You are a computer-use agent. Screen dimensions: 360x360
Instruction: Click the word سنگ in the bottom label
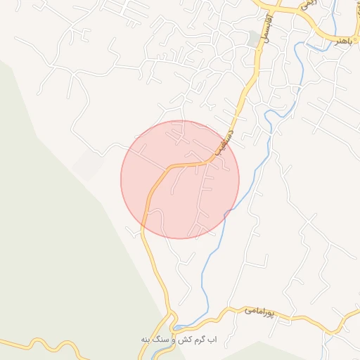pos(163,340)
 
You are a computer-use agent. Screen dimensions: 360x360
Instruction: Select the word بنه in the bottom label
pos(146,340)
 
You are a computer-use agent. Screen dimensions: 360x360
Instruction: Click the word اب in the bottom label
pos(220,340)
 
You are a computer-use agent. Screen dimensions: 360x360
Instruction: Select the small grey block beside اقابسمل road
pos(253,39)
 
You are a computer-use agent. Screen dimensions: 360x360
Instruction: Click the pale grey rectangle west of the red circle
pos(88,163)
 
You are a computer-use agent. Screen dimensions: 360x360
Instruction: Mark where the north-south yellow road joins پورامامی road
pos(174,325)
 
